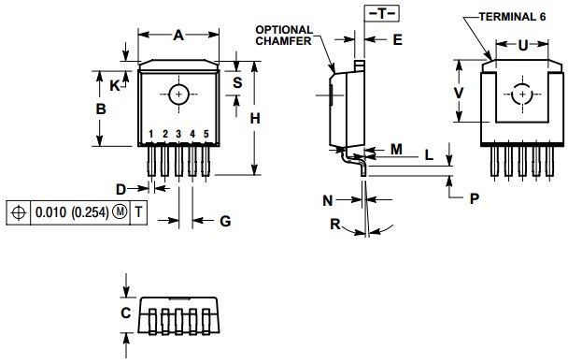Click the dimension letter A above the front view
177,35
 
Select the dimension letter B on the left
103,109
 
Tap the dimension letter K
115,85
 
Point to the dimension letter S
237,82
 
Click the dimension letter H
255,118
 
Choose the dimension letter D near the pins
121,189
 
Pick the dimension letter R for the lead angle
334,224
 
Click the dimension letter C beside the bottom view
125,313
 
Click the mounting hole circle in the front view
178,94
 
